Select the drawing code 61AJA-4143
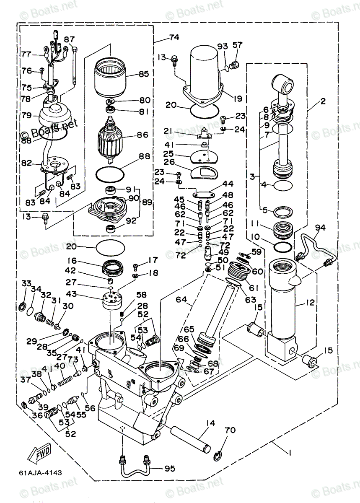[x=40, y=472]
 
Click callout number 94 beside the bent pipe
[x=321, y=228]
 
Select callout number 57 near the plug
[x=237, y=44]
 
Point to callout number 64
[x=181, y=300]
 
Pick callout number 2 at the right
[x=323, y=101]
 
